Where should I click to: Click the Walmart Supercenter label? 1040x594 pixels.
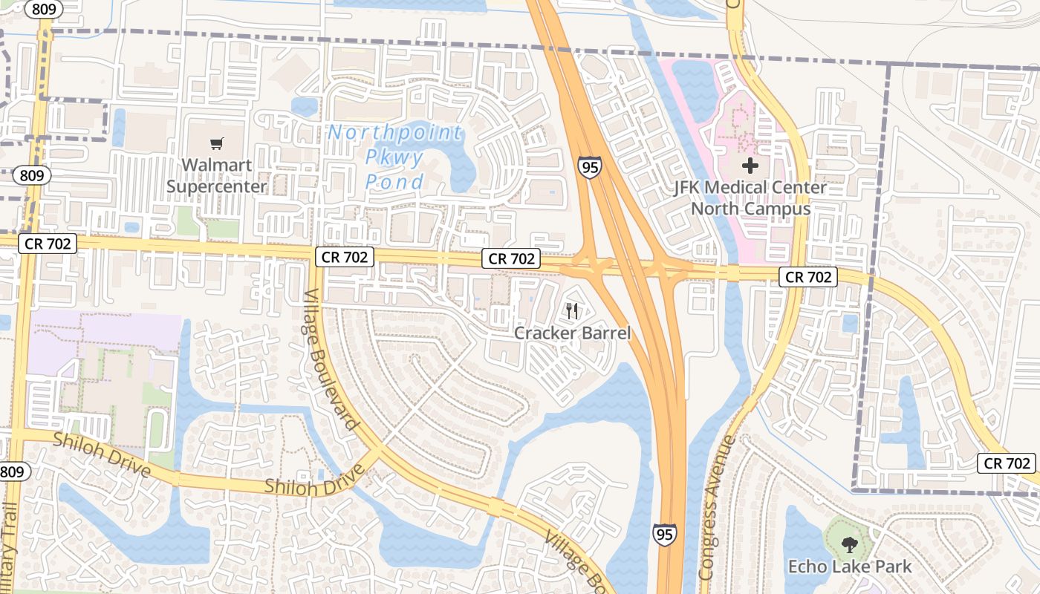point(216,175)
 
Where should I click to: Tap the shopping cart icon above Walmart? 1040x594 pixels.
point(216,143)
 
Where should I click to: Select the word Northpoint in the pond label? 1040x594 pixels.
point(395,133)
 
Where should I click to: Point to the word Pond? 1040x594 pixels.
point(394,181)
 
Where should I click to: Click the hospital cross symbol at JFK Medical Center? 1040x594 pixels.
point(750,165)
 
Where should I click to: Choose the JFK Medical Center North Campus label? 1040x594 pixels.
point(750,198)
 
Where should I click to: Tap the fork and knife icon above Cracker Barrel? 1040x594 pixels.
point(571,310)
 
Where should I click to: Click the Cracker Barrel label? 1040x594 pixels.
point(572,333)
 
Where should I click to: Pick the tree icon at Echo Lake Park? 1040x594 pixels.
point(849,546)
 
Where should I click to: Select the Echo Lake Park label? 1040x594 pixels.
point(849,567)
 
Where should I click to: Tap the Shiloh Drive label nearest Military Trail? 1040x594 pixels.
point(102,454)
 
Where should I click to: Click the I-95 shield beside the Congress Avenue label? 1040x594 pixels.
point(665,534)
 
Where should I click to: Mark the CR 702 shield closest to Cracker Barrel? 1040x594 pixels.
point(510,258)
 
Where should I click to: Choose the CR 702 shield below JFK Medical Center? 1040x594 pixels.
point(808,278)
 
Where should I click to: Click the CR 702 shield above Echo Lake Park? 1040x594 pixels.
point(1007,463)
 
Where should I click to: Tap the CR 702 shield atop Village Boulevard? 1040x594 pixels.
point(344,257)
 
